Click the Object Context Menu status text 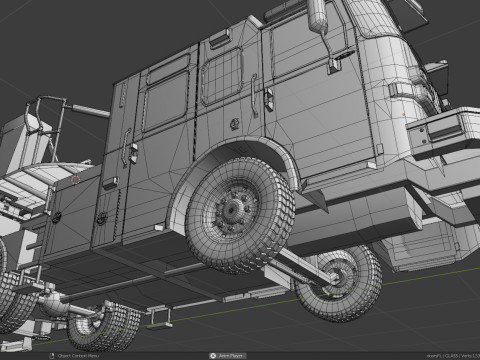75,355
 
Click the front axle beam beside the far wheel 300,265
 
